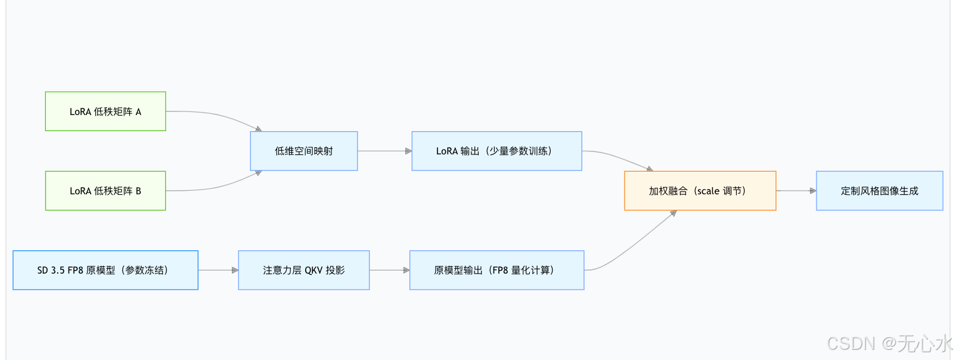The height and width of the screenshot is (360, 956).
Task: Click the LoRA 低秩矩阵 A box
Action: click(105, 111)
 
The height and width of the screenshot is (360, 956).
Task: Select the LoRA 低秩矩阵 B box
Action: click(105, 191)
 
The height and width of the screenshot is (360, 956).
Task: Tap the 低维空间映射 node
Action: click(303, 151)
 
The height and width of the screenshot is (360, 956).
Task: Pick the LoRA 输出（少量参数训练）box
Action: click(496, 151)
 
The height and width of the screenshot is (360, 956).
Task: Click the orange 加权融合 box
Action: click(700, 191)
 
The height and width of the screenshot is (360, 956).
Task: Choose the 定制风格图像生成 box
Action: click(879, 191)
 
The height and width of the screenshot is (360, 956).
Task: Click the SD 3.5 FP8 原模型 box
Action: click(105, 270)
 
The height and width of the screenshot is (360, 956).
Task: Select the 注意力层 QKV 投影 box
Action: click(303, 270)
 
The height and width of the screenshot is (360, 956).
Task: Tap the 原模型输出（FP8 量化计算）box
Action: click(496, 270)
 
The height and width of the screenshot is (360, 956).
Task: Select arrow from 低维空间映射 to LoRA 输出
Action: click(384, 151)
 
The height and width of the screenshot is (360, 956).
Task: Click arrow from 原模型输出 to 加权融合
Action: click(632, 244)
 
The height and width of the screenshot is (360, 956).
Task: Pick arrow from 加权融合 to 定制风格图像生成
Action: click(796, 191)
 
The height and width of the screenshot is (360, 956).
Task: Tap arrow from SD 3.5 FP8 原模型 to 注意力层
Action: click(218, 270)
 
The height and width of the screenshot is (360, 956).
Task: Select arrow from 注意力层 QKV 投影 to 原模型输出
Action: click(389, 270)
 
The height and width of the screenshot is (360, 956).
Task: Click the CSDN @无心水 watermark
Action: click(888, 343)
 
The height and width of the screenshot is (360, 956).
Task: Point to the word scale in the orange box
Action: click(708, 191)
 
